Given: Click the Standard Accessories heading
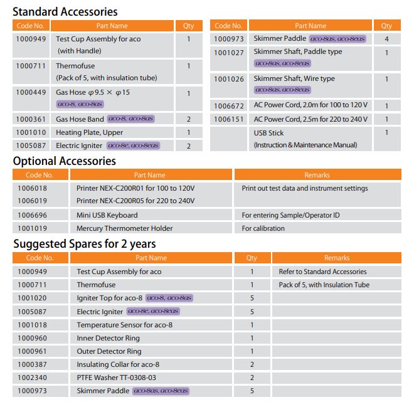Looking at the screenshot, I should (65, 11).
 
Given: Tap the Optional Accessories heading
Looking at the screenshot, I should (65, 161).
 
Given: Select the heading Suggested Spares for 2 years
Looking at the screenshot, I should (85, 243).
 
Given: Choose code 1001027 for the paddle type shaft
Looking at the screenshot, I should (229, 52).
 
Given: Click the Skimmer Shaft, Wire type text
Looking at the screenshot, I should (294, 79).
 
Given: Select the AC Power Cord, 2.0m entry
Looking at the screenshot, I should (310, 105).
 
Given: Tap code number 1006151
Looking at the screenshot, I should (229, 119).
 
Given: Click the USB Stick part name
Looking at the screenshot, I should (268, 132).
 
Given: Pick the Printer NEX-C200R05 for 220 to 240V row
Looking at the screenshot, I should (135, 201).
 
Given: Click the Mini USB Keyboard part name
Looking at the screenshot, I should (107, 215).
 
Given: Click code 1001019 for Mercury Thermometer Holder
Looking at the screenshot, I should (31, 228).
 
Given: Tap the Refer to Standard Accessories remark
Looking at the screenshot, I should (322, 272).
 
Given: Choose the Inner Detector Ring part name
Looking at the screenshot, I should (108, 338).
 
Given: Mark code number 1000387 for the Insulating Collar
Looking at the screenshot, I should (31, 364).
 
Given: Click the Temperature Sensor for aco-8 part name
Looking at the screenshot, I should (121, 325).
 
